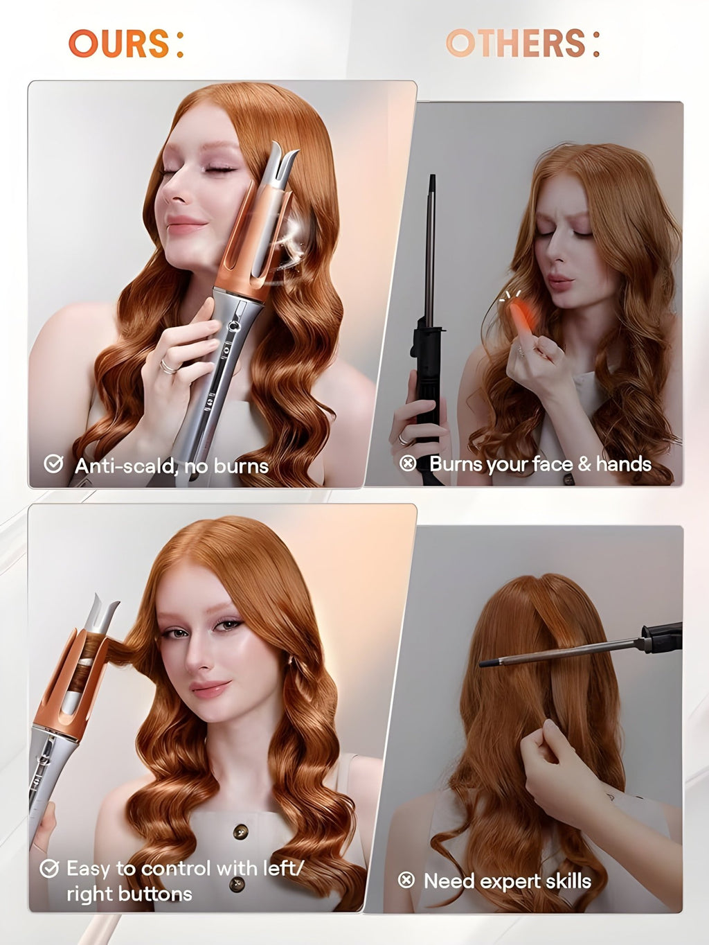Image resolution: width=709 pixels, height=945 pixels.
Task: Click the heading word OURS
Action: (x=119, y=44)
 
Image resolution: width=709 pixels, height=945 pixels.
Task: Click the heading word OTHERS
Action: (x=517, y=44)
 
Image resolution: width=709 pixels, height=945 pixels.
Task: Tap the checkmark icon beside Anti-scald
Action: (x=53, y=464)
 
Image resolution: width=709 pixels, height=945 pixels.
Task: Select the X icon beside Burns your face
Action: (x=408, y=463)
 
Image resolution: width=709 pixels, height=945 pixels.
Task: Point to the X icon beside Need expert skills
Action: (x=406, y=880)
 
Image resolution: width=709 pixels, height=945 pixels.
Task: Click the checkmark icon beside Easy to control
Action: (x=49, y=868)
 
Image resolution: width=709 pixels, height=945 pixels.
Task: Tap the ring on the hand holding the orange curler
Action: (x=168, y=366)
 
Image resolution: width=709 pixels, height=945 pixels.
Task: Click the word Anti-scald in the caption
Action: (x=124, y=466)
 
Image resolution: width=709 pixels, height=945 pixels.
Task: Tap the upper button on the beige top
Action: (x=240, y=831)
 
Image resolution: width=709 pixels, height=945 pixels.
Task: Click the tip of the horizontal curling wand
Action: (x=483, y=664)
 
